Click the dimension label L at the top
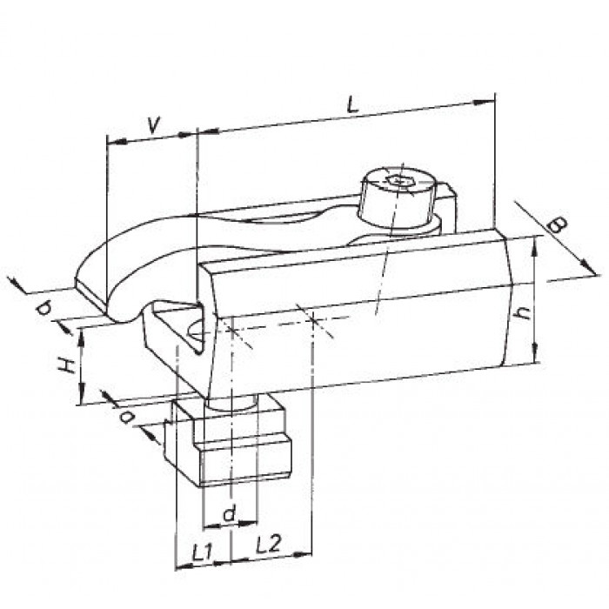351,105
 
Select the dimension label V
154,125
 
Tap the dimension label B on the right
556,224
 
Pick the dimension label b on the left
43,309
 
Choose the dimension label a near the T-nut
127,418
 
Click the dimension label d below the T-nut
229,514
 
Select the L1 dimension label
202,552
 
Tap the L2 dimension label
268,544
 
